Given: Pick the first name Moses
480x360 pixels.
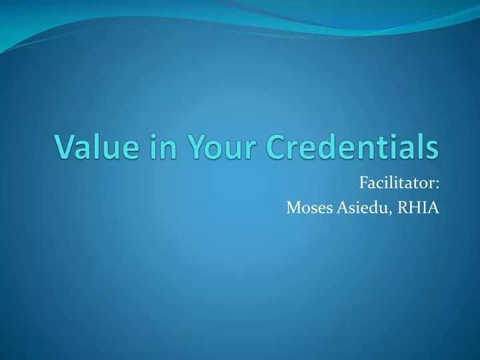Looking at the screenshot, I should (306, 207).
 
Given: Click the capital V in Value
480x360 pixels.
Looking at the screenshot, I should (63, 147).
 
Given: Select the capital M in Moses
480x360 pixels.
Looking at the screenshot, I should (293, 207).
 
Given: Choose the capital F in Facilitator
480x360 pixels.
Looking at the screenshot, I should (363, 182).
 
